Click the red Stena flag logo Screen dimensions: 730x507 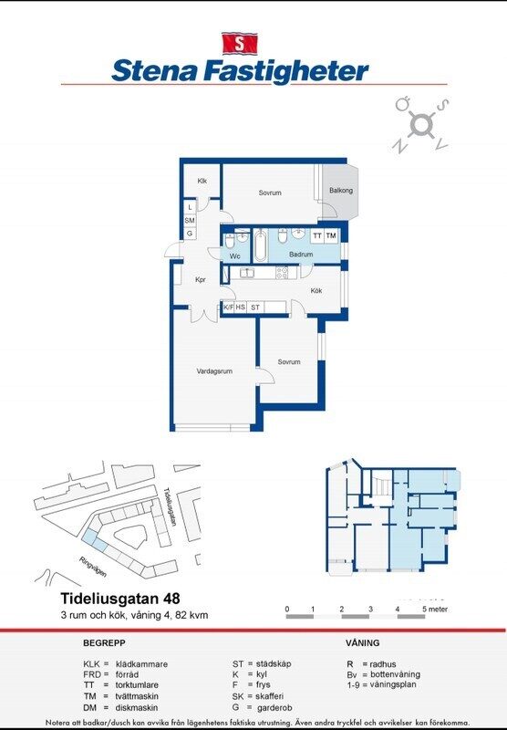click(x=240, y=43)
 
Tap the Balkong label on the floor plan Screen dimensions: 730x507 click(x=341, y=191)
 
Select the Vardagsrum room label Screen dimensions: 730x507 click(x=215, y=371)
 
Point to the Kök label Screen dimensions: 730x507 click(x=316, y=290)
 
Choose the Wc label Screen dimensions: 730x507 click(x=234, y=256)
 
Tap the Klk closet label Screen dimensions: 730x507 click(x=202, y=181)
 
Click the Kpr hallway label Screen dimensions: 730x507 click(x=201, y=280)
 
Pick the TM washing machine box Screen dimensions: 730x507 click(x=331, y=235)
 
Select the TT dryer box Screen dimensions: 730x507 click(x=317, y=235)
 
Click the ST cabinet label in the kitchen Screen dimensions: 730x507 click(x=256, y=308)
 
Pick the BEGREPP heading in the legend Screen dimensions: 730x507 click(x=104, y=643)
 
